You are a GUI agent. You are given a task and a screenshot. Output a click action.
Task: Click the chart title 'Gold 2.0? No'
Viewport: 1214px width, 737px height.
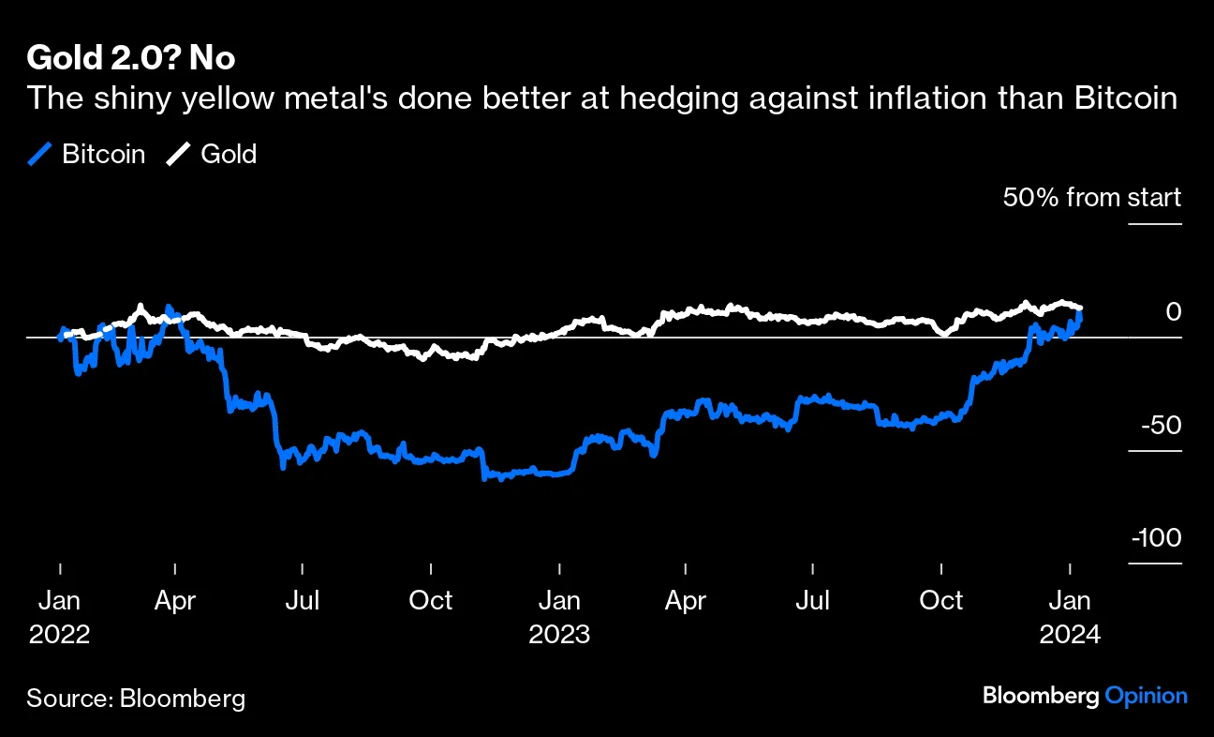[x=131, y=58]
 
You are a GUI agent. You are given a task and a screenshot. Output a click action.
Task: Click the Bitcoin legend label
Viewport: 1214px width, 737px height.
[x=104, y=154]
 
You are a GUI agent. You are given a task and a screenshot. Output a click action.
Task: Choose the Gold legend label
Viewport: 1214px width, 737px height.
[x=229, y=154]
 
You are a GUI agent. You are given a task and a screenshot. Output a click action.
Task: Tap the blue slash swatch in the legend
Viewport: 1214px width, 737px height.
[x=40, y=154]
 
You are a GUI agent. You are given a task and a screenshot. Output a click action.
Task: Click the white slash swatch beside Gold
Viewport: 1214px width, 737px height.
[x=179, y=154]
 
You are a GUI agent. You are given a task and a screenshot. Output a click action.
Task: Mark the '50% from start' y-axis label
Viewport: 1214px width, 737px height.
[x=1092, y=198]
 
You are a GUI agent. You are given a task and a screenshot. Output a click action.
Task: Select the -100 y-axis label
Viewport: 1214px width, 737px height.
[x=1157, y=538]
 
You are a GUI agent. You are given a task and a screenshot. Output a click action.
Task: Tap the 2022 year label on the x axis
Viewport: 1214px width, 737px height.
[x=60, y=634]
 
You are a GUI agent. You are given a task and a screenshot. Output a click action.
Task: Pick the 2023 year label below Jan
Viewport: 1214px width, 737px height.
[x=559, y=634]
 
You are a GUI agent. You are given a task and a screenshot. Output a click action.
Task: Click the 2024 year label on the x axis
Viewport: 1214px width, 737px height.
[x=1070, y=634]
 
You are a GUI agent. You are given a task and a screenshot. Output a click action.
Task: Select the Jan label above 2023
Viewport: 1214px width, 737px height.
[x=559, y=600]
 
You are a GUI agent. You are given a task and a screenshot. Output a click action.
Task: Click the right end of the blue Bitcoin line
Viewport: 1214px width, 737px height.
[x=1080, y=316]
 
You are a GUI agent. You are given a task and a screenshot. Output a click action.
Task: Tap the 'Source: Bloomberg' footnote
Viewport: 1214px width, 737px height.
[x=137, y=698]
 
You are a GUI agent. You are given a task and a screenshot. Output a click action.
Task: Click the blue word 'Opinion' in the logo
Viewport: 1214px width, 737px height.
[x=1146, y=696]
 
